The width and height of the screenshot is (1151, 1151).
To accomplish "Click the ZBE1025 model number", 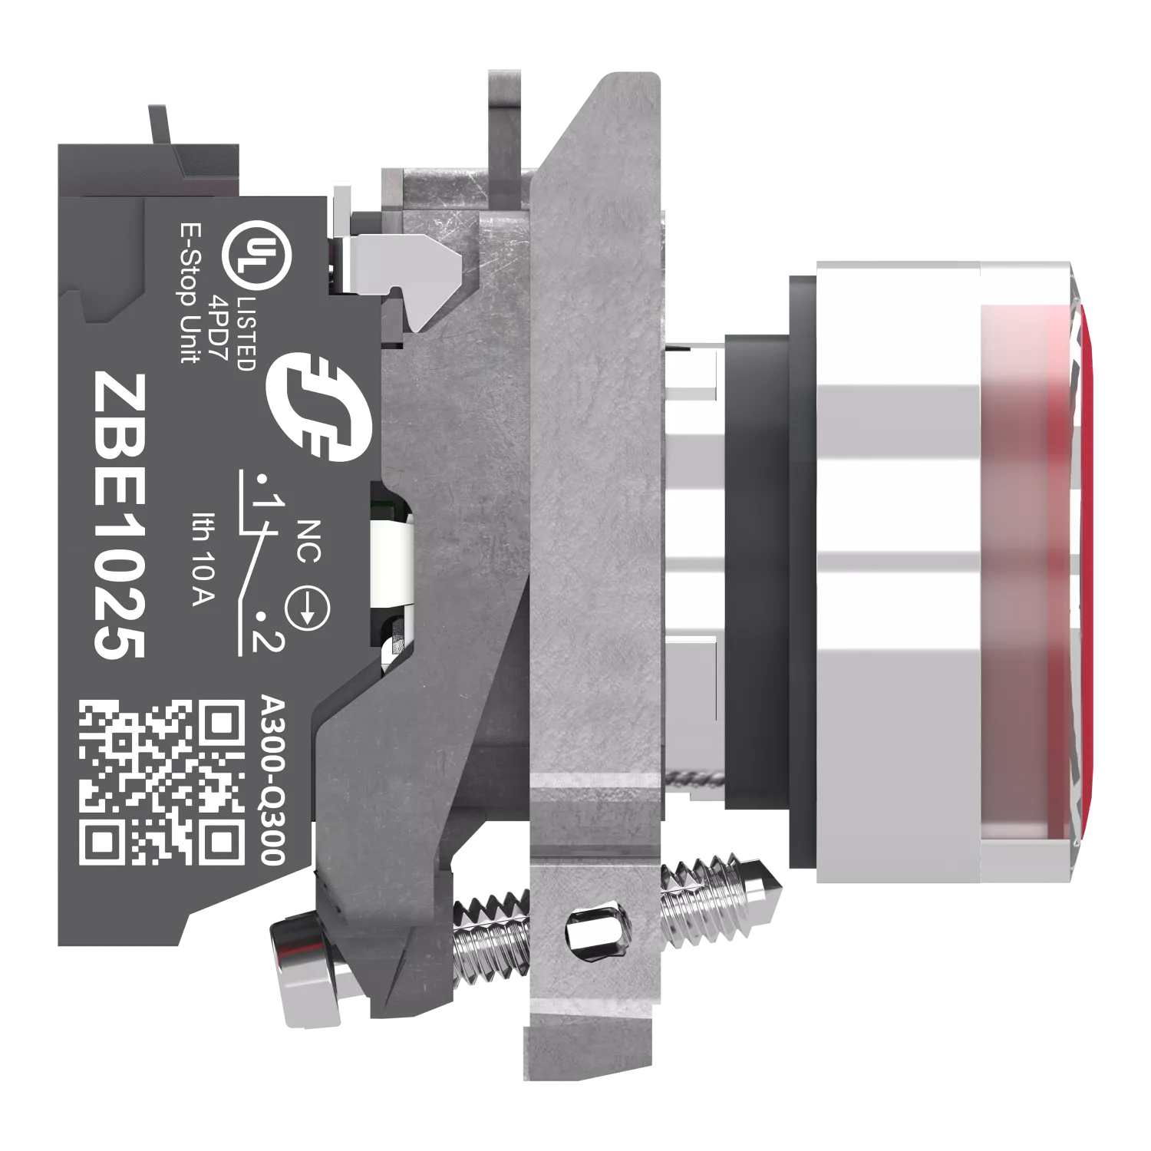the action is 120,516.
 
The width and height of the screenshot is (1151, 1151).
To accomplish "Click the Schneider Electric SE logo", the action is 318,406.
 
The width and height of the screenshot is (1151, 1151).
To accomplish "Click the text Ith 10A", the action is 203,558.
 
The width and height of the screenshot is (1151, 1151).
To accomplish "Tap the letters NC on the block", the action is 308,541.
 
